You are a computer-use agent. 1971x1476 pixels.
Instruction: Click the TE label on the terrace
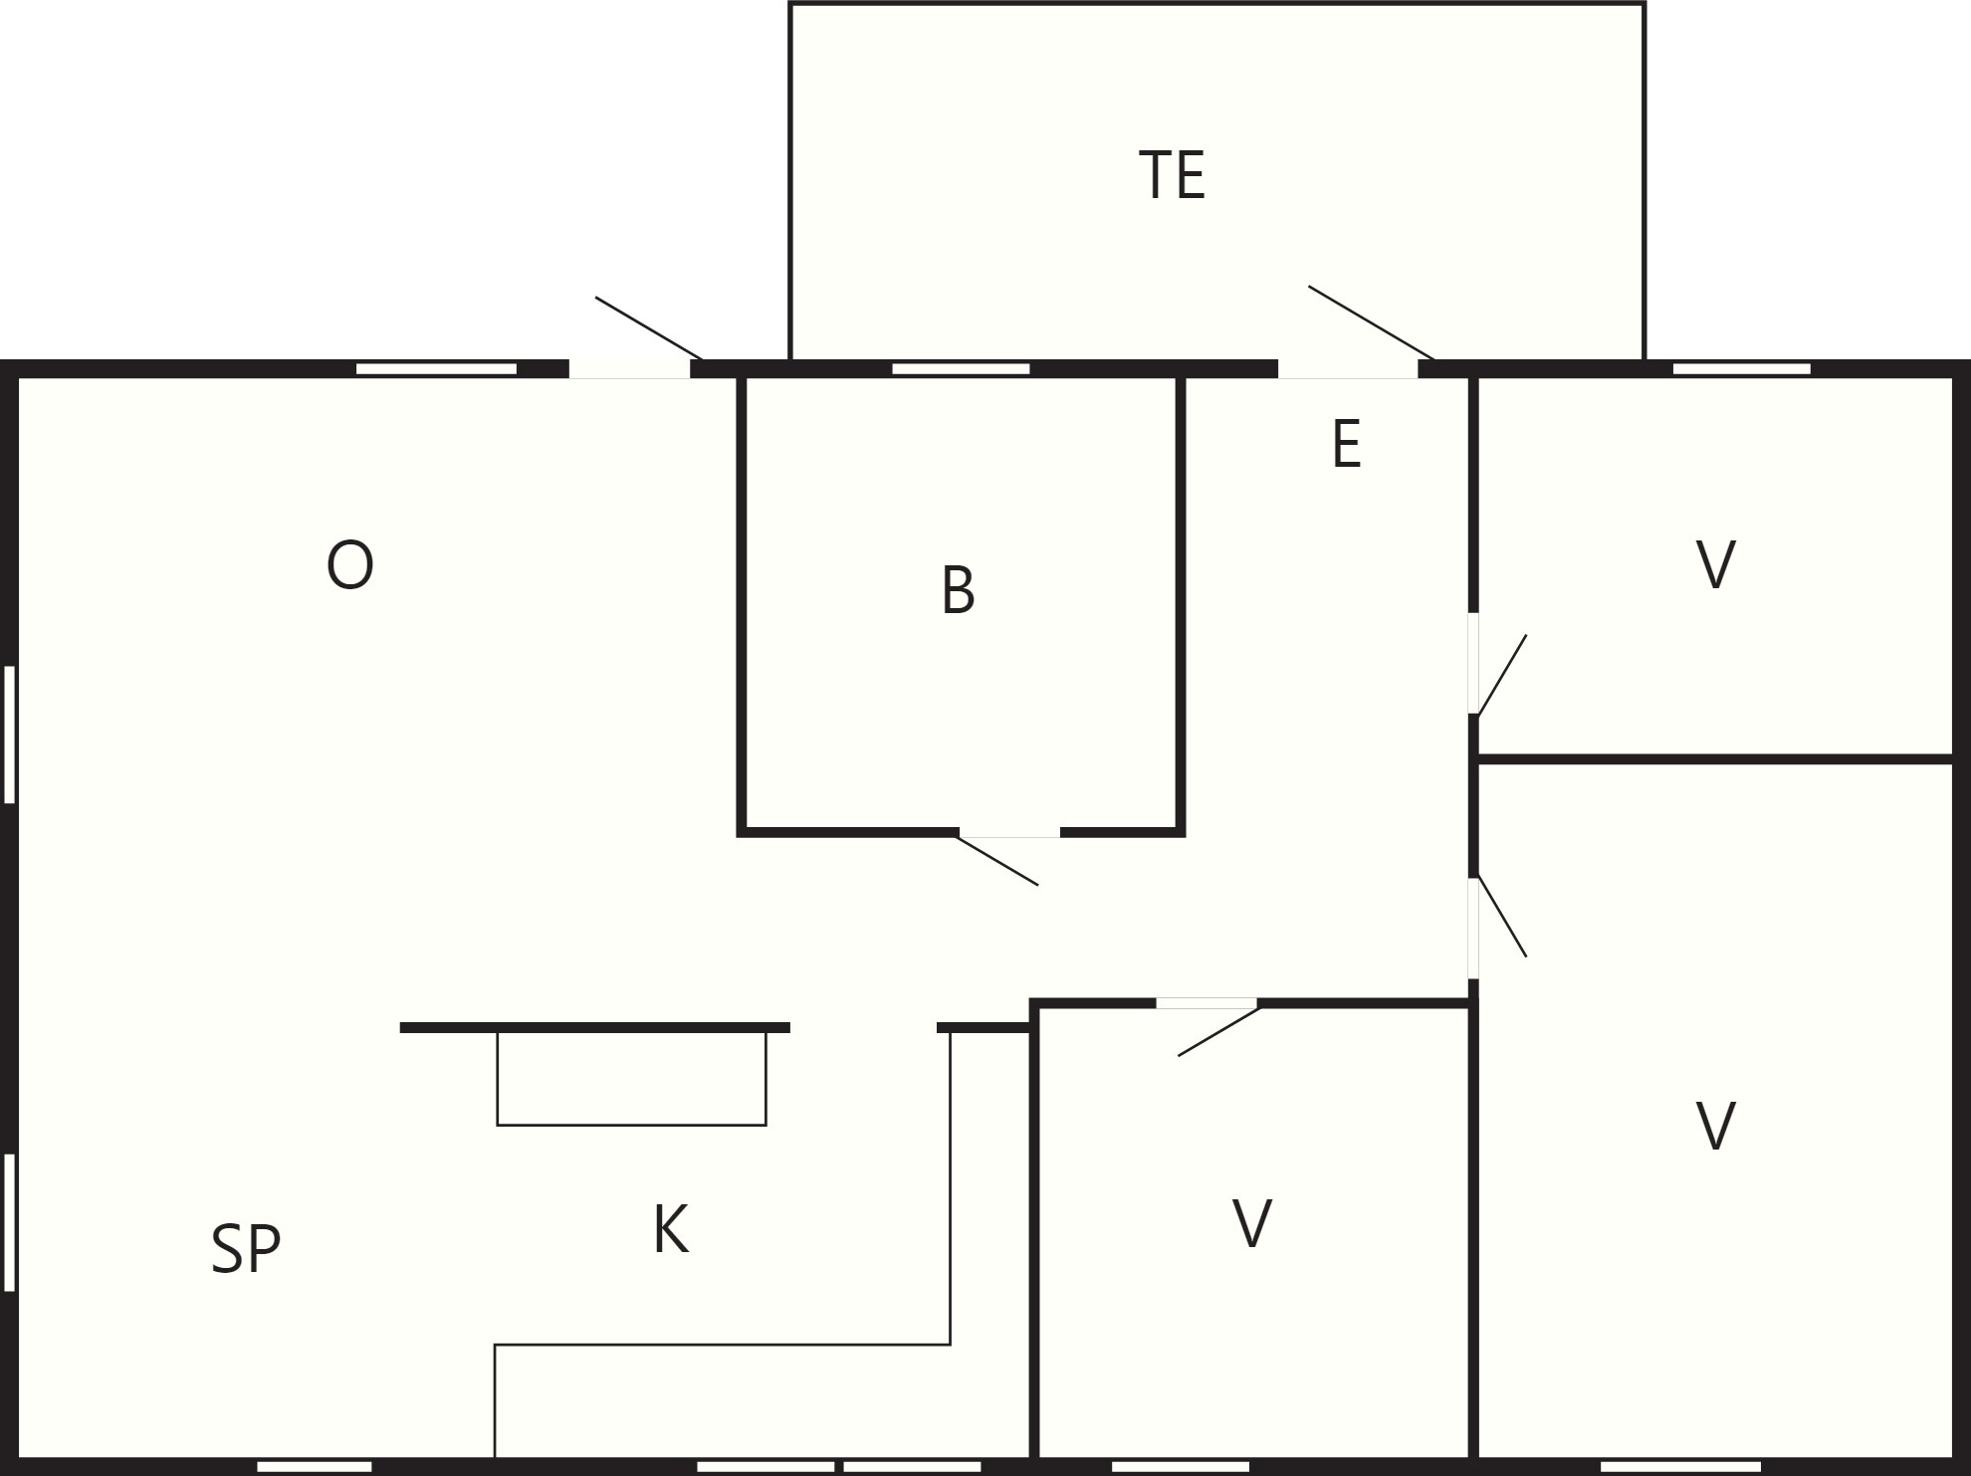[1172, 175]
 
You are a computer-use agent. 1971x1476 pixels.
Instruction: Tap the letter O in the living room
[350, 565]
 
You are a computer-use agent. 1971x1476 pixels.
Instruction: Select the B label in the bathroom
[958, 590]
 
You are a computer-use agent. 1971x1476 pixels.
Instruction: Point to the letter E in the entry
[1346, 444]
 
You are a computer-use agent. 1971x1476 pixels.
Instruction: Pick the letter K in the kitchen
[671, 1229]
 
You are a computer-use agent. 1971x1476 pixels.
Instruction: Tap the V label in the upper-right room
[1715, 564]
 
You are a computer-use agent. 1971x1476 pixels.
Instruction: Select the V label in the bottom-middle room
[1251, 1223]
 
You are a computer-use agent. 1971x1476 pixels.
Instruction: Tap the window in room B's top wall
[961, 369]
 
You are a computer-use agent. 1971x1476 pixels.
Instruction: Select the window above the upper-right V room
[1742, 369]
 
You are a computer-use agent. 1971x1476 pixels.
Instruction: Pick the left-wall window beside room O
[10, 735]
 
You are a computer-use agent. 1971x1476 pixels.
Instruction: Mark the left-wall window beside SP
[10, 1222]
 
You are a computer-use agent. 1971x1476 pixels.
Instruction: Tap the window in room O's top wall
[437, 369]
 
